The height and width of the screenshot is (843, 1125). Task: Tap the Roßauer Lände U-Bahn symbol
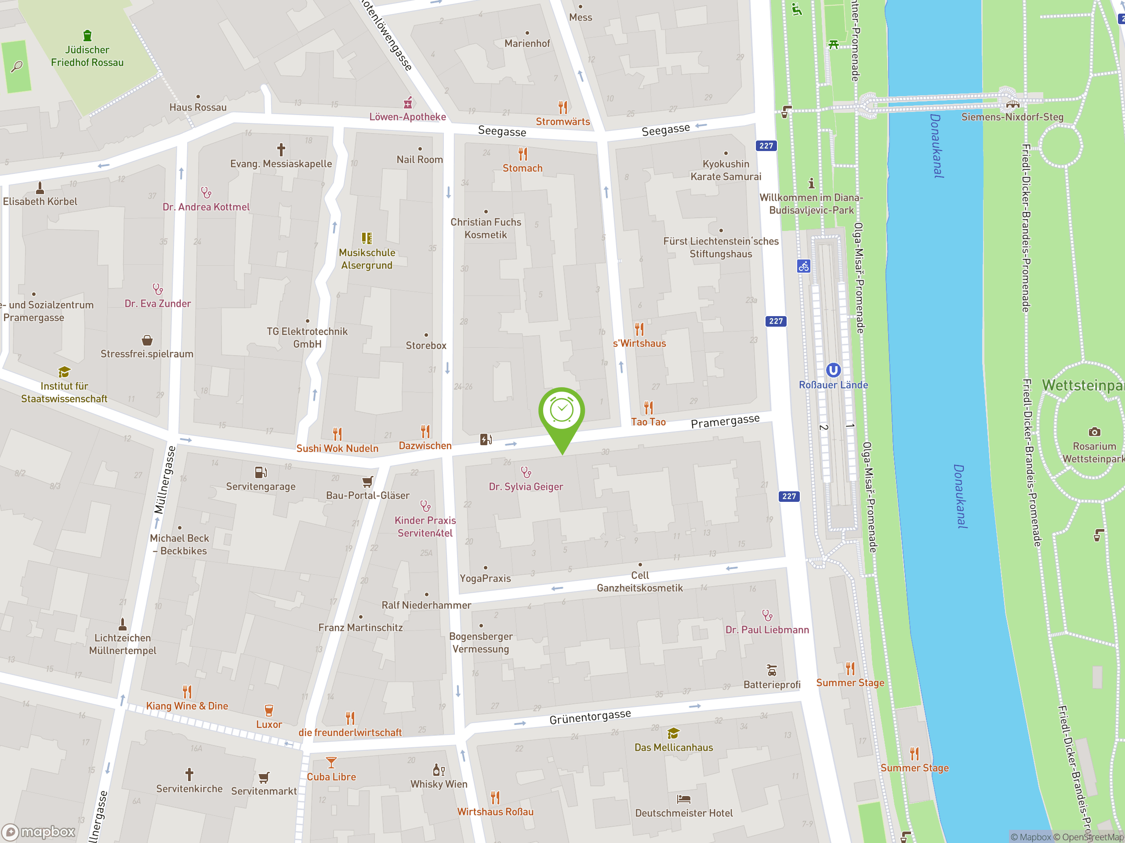833,370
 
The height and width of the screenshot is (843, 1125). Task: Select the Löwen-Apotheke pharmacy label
407,117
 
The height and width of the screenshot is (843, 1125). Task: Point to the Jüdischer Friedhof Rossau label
87,56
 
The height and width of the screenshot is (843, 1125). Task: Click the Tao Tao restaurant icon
649,407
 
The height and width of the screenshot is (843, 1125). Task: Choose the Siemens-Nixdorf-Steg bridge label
1012,117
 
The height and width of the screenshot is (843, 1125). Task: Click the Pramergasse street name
725,421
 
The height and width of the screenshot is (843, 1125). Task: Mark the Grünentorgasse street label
590,717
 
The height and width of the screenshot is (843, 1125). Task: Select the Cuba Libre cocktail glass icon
331,763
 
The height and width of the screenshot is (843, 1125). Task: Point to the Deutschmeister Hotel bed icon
684,799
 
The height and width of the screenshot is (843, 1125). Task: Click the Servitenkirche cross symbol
189,774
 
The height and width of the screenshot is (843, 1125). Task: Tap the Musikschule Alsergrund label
367,259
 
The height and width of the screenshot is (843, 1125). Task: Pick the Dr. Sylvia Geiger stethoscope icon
526,472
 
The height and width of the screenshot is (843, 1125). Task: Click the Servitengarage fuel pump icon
261,472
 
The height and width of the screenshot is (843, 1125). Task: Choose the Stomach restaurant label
523,168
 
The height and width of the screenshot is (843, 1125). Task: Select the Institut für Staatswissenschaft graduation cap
64,372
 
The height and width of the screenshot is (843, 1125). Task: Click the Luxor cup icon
269,710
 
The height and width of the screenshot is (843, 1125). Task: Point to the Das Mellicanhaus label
673,747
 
